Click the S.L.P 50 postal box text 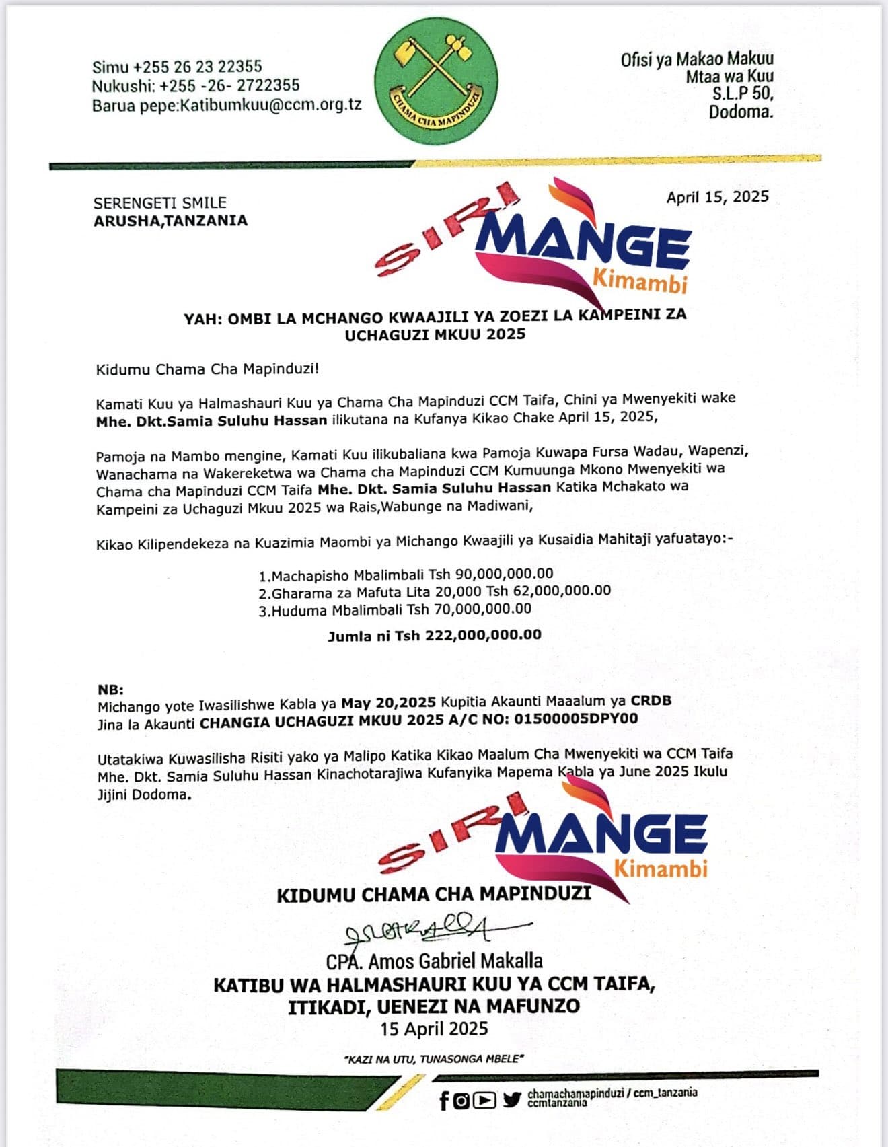(743, 94)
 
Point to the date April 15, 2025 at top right (717, 197)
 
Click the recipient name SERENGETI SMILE (160, 202)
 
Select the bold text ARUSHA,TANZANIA (171, 221)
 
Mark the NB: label (111, 690)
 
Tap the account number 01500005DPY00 (576, 719)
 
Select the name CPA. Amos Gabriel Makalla (435, 961)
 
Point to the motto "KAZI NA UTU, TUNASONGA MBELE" (433, 1059)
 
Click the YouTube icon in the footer (484, 1101)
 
